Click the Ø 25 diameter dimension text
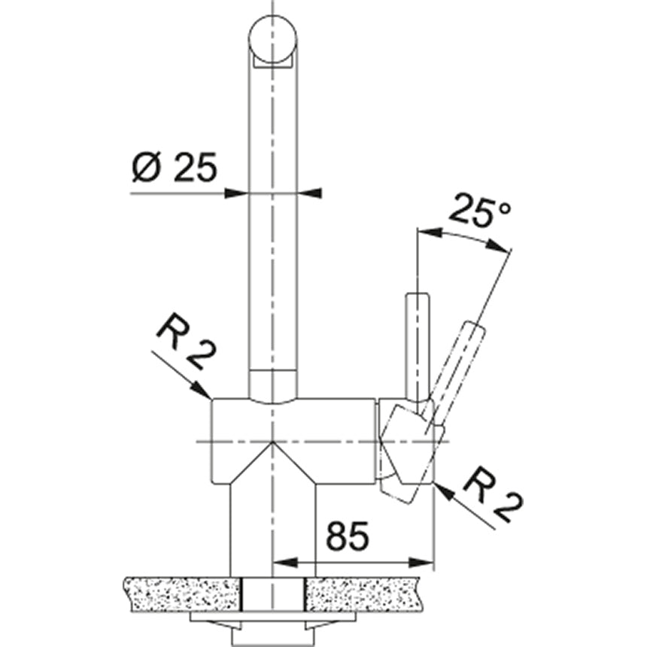coord(173,167)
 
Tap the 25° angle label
coord(478,212)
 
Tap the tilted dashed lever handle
coord(457,369)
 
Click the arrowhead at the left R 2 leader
coord(204,392)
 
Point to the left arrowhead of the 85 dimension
coord(280,562)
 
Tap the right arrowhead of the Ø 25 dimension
coord(310,193)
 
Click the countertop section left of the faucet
coord(181,594)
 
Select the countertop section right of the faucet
coord(369,594)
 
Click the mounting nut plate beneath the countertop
coord(271,618)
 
